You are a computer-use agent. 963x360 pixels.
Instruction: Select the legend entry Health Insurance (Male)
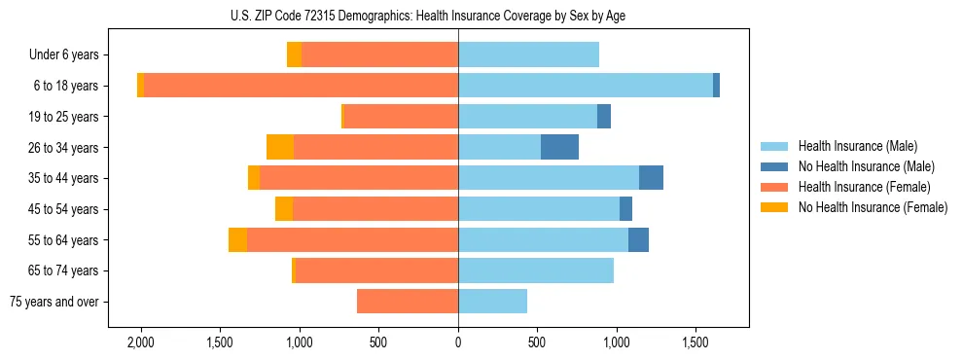point(857,146)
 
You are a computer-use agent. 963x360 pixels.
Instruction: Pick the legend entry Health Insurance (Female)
point(864,187)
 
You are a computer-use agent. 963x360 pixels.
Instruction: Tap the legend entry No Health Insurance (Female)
point(873,207)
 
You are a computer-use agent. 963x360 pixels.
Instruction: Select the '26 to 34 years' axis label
point(63,148)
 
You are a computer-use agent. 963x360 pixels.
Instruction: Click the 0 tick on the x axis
point(458,342)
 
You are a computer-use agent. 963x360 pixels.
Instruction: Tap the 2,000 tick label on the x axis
point(141,342)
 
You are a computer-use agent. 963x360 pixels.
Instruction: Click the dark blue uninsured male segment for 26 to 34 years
point(559,147)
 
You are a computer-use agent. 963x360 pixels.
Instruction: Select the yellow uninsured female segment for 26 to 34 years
point(280,147)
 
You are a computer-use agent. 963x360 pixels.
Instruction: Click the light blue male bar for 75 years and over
point(492,302)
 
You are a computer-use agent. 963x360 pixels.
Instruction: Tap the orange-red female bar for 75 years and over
point(408,302)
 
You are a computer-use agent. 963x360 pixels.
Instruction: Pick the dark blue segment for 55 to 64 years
point(638,239)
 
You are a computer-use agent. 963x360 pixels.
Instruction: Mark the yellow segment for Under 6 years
point(294,54)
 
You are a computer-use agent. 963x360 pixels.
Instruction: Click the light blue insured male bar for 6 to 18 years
point(585,86)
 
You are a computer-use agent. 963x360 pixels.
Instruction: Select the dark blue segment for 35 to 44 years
point(651,178)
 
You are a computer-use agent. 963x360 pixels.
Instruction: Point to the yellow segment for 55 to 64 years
point(237,239)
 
